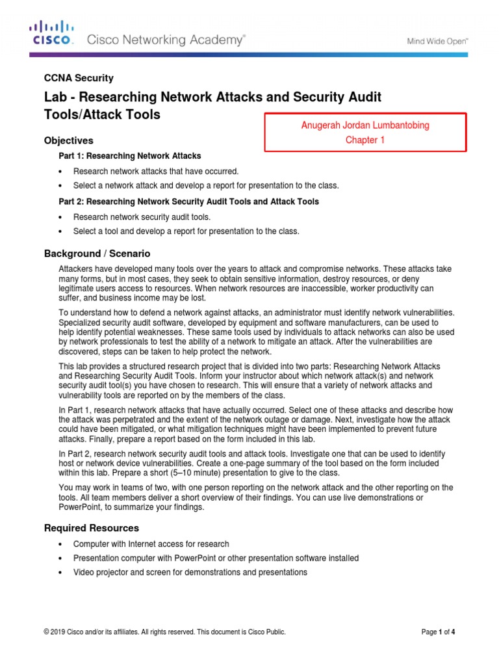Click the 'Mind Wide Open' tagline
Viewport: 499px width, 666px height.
point(437,41)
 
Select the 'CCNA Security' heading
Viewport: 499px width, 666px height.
point(79,78)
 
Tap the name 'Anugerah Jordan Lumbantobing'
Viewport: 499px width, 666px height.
point(365,126)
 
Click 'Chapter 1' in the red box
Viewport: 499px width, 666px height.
point(365,140)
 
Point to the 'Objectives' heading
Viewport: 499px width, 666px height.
point(68,140)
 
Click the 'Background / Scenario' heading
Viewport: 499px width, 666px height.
point(97,253)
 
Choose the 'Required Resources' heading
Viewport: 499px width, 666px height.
point(91,528)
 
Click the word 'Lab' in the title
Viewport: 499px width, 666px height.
point(53,97)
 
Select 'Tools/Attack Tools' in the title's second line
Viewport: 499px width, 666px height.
point(101,115)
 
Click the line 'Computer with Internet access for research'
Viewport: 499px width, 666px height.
point(151,544)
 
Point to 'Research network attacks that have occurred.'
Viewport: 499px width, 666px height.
point(156,172)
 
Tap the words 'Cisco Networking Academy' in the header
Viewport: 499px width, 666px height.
point(166,40)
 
